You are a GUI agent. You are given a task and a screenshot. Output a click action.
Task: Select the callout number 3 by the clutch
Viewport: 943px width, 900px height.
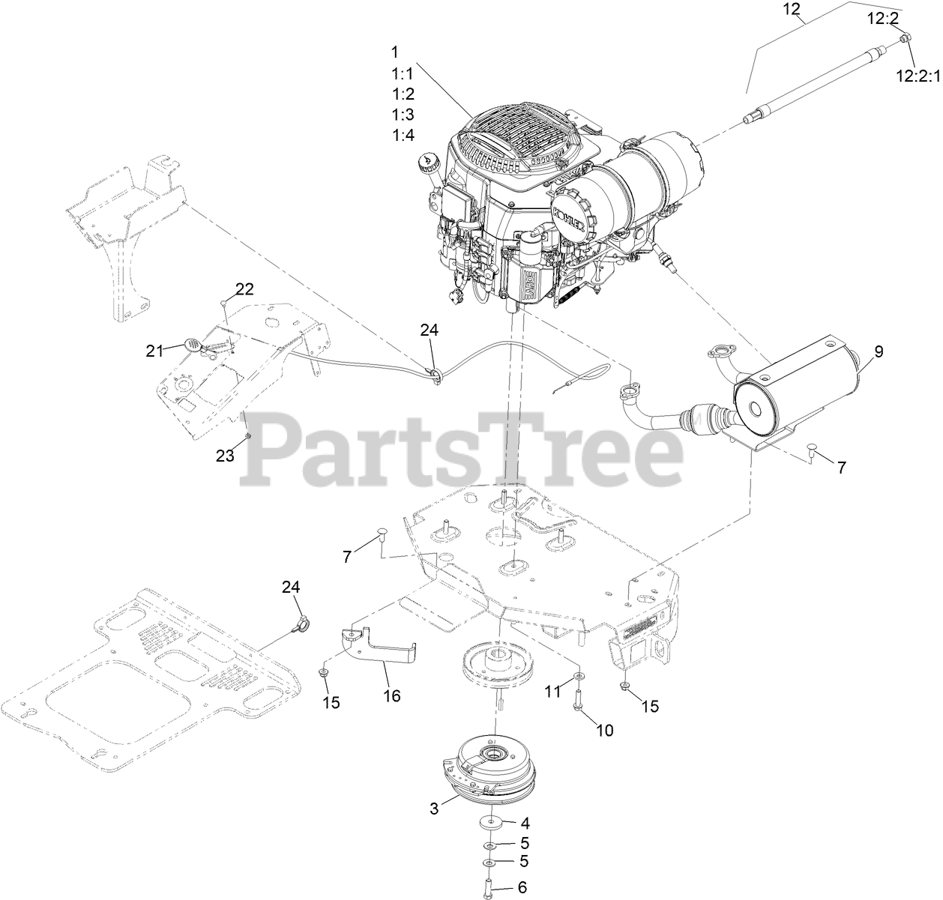[434, 808]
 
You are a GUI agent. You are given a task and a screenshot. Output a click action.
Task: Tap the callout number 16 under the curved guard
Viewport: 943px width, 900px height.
[392, 695]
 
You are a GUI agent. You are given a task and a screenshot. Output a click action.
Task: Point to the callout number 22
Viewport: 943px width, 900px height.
[245, 289]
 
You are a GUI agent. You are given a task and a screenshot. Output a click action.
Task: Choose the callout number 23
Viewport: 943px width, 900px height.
[226, 455]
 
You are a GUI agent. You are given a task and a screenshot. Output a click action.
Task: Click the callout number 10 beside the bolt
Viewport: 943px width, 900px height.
[604, 729]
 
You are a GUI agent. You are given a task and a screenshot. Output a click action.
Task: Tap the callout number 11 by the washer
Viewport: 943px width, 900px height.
[552, 692]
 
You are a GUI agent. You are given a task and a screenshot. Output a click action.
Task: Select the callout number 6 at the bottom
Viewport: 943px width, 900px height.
[522, 887]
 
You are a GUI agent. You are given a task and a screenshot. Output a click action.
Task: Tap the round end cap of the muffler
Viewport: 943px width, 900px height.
[756, 406]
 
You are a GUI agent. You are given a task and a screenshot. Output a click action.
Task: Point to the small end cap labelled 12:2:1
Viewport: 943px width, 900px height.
[906, 37]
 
